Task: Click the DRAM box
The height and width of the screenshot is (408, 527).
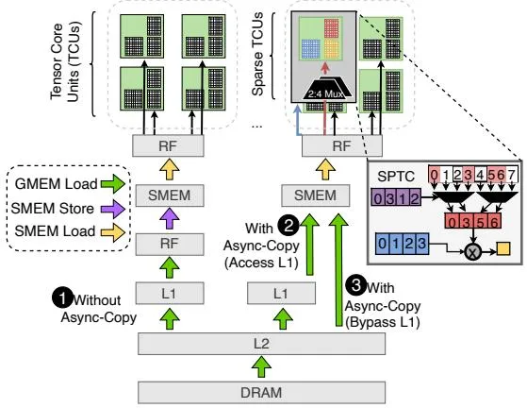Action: [x=261, y=393]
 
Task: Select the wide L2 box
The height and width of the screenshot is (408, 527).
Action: [x=261, y=344]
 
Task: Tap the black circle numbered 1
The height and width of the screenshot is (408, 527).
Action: [x=62, y=297]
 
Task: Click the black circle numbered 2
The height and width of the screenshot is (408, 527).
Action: [x=288, y=225]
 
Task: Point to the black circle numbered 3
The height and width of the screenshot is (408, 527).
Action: [x=356, y=285]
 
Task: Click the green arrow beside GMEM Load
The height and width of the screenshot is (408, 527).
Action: [x=113, y=184]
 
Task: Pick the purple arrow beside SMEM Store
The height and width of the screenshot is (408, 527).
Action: [x=113, y=209]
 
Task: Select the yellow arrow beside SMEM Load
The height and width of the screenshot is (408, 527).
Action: [x=113, y=232]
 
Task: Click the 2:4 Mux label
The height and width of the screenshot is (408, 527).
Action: [x=325, y=93]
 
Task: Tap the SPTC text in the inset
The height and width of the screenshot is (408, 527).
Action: [x=396, y=177]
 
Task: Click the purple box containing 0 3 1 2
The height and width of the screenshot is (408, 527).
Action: [x=396, y=197]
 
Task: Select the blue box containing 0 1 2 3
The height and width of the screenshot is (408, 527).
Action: [x=402, y=244]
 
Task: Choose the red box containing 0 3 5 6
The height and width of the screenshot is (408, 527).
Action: [x=473, y=222]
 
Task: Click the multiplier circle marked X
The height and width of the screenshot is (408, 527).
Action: [x=473, y=251]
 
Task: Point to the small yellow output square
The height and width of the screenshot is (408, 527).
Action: [x=503, y=248]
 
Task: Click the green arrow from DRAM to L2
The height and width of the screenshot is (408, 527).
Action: [x=261, y=367]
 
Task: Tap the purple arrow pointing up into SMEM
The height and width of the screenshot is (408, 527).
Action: [x=170, y=219]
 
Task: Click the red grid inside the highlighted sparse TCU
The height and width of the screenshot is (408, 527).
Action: [x=331, y=27]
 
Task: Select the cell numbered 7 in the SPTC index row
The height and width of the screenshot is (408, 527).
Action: [x=511, y=175]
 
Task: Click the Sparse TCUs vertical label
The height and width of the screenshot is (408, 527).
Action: [x=258, y=54]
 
